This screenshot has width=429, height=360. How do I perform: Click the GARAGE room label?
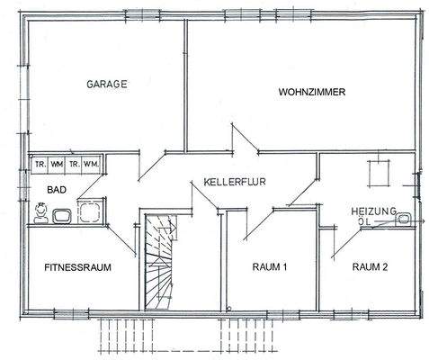106,84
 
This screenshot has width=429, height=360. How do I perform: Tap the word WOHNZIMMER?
312,92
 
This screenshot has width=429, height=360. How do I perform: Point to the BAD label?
45,190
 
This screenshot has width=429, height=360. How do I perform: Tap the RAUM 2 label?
370,265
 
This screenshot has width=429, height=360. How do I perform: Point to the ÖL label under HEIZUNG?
362,220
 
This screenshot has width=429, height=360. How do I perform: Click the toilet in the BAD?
40,212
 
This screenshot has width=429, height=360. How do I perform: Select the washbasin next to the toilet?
63,215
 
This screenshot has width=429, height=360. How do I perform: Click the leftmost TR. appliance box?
41,164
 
